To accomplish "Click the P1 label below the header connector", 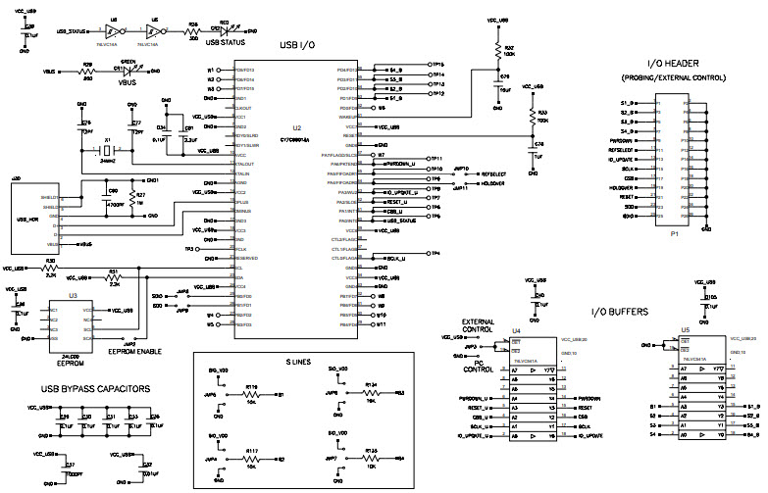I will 674,235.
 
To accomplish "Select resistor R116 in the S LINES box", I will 252,394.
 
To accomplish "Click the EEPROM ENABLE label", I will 135,350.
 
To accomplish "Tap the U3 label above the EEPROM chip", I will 73,294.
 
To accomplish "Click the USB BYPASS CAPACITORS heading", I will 95,388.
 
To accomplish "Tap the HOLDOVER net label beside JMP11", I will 492,182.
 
